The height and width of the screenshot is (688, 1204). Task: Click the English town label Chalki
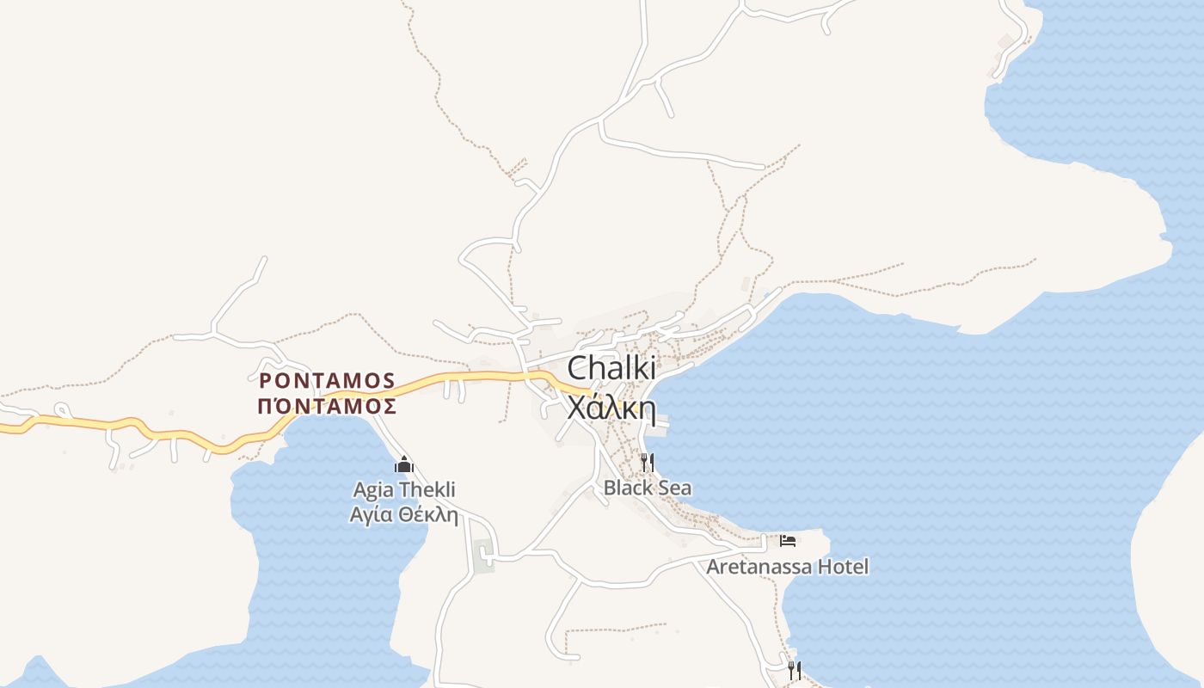(611, 368)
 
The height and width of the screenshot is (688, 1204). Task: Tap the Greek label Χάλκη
(611, 408)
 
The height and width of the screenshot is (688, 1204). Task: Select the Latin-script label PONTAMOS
(328, 380)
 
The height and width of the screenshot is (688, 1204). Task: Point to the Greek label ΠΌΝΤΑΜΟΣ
(328, 406)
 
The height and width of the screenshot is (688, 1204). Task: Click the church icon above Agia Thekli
(404, 465)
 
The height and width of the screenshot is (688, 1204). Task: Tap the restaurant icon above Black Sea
(647, 463)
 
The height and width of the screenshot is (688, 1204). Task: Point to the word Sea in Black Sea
(675, 488)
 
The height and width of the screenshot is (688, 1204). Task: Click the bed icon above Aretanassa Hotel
(788, 541)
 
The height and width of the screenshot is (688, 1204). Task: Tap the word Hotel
(843, 567)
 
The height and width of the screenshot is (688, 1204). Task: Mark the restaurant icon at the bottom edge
(795, 669)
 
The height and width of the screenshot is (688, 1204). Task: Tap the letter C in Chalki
(578, 368)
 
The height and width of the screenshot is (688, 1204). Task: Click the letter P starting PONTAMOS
(266, 380)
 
